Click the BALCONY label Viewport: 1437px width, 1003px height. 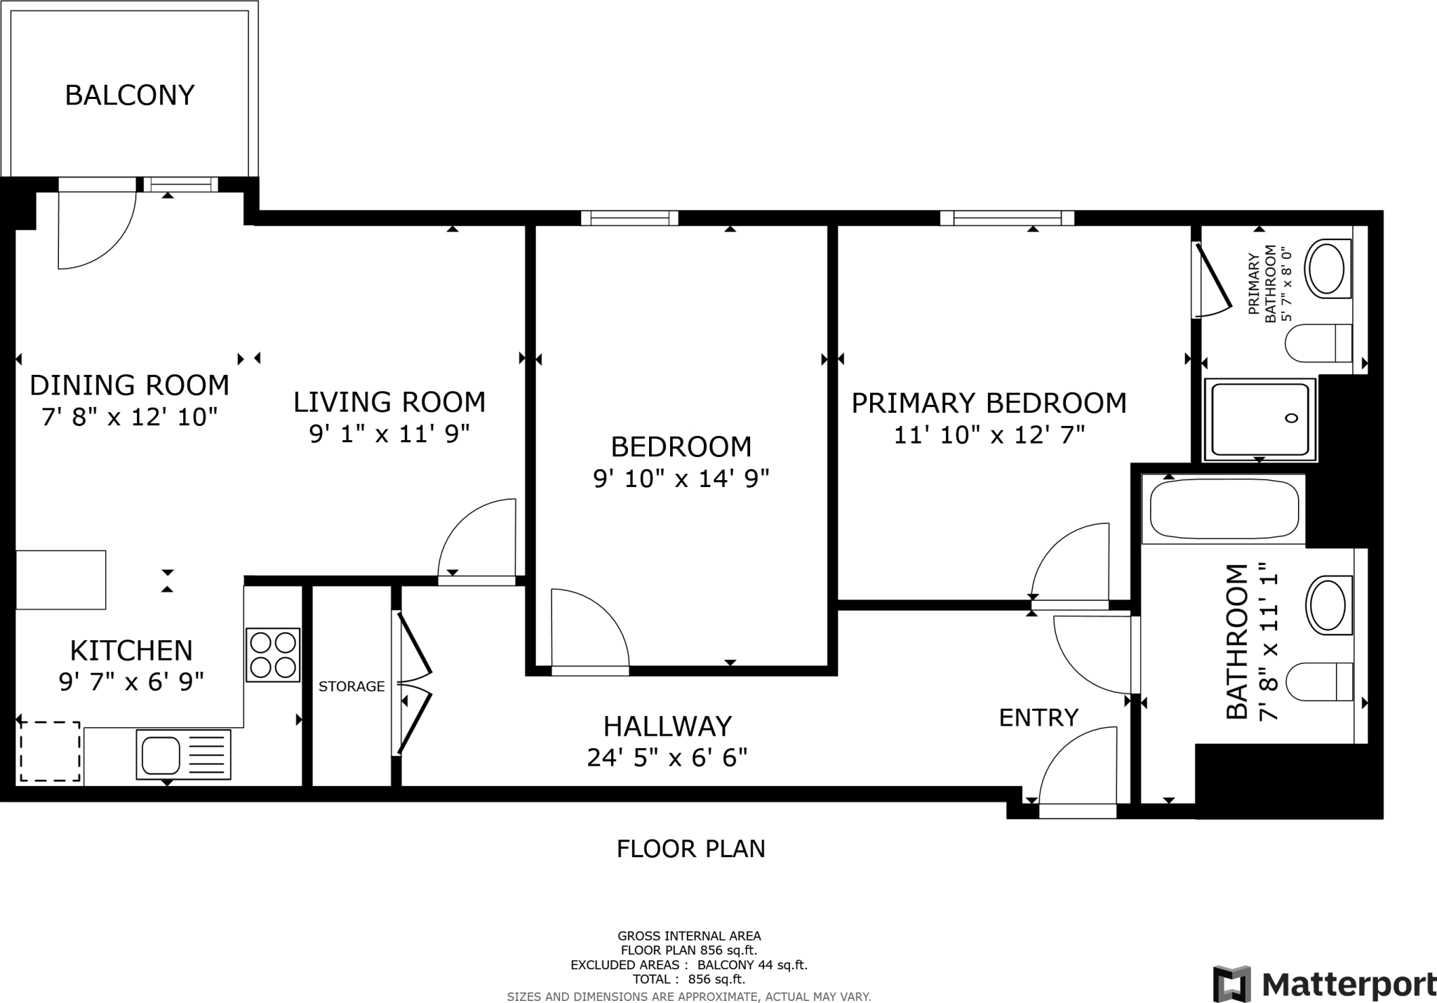pyautogui.click(x=129, y=95)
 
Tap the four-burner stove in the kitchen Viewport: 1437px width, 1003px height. pyautogui.click(x=273, y=654)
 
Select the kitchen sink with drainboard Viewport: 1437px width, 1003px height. pyautogui.click(x=183, y=755)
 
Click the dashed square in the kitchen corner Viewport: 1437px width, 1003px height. pyautogui.click(x=49, y=750)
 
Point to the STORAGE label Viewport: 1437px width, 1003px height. pyautogui.click(x=352, y=686)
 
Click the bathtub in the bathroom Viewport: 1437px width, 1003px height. pyautogui.click(x=1223, y=509)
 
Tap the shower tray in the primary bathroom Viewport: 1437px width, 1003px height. pyautogui.click(x=1259, y=419)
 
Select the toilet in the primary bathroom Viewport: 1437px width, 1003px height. pyautogui.click(x=1318, y=343)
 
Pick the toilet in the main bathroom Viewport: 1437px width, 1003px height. pyautogui.click(x=1319, y=682)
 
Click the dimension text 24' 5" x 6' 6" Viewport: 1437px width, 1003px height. pyautogui.click(x=667, y=758)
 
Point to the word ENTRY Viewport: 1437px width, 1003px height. pyautogui.click(x=1038, y=717)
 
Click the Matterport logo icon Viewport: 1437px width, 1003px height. pyautogui.click(x=1232, y=984)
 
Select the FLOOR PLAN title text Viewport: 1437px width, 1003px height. pyautogui.click(x=690, y=849)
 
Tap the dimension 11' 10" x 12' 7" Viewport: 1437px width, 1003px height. pyautogui.click(x=989, y=435)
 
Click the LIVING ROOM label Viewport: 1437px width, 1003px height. pyautogui.click(x=389, y=402)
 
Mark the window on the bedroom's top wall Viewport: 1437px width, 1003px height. pyautogui.click(x=629, y=218)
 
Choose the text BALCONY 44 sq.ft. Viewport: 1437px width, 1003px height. pyautogui.click(x=752, y=965)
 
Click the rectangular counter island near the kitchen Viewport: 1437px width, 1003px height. pyautogui.click(x=61, y=580)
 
